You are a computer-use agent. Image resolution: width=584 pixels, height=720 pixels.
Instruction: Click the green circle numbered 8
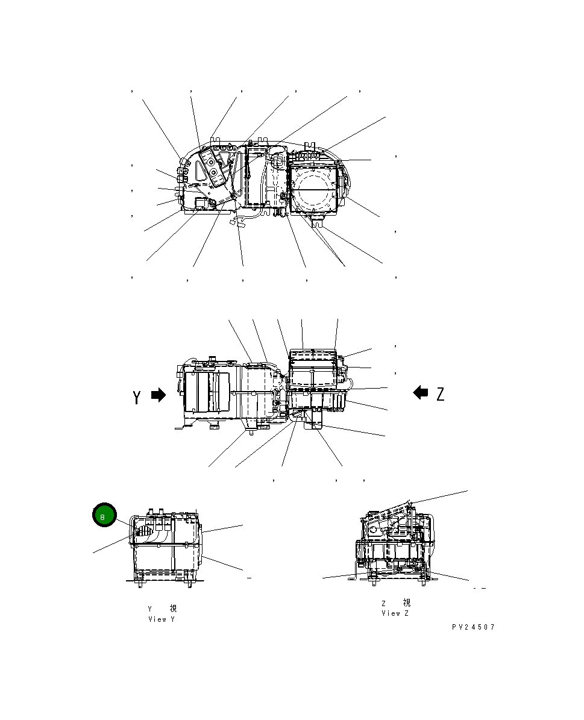tap(103, 516)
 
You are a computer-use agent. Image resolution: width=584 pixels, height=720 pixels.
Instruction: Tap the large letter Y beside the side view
tap(137, 397)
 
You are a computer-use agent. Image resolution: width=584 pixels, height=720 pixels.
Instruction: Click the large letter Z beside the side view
tap(441, 394)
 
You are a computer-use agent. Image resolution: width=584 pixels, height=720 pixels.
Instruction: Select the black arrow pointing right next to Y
tap(158, 395)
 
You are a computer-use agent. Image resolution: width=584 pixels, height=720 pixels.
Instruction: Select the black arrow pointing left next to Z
tap(421, 393)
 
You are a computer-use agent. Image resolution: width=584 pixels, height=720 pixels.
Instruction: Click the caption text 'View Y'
tap(162, 619)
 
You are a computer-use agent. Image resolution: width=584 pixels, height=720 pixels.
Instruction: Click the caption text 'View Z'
tap(395, 613)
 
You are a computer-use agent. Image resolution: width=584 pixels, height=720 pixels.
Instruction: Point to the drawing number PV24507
tap(473, 627)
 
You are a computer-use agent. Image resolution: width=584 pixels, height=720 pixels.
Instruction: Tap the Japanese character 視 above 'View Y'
tap(173, 609)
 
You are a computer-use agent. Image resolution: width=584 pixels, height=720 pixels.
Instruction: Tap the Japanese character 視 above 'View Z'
tap(406, 603)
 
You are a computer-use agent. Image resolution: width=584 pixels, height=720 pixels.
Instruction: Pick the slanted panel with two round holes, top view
tap(213, 164)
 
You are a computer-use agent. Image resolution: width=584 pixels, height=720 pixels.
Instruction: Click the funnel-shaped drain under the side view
tap(246, 428)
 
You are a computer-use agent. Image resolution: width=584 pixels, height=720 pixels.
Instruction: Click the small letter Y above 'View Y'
tap(150, 609)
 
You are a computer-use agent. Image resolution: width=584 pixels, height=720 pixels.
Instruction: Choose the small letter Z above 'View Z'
tap(383, 603)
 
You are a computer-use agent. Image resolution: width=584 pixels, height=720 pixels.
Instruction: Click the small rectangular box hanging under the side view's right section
tap(314, 426)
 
